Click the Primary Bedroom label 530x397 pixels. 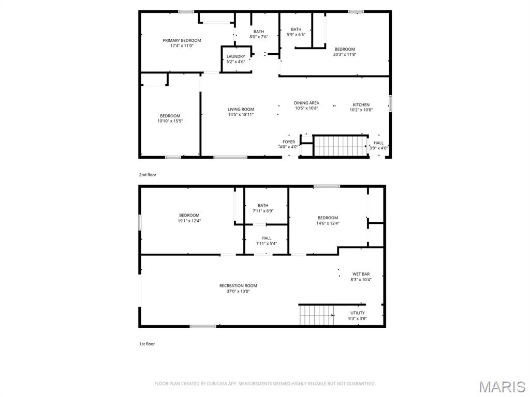tap(182, 40)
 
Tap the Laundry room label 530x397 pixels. tap(236, 56)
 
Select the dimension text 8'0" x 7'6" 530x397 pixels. tap(259, 37)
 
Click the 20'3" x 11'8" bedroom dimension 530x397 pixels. tap(345, 54)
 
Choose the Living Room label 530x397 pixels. tap(241, 110)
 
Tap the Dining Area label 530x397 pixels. tap(306, 103)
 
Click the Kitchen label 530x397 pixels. tap(361, 104)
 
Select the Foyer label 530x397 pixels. tap(289, 142)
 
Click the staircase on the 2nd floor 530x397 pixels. tap(341, 146)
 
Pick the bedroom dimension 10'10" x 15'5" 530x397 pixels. tap(170, 121)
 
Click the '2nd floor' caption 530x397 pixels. tap(148, 175)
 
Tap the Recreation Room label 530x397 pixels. tap(238, 285)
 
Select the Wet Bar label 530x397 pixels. tap(361, 274)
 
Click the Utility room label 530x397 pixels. tap(358, 313)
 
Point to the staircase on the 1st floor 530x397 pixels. tap(317, 315)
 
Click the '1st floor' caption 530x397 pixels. tap(147, 344)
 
